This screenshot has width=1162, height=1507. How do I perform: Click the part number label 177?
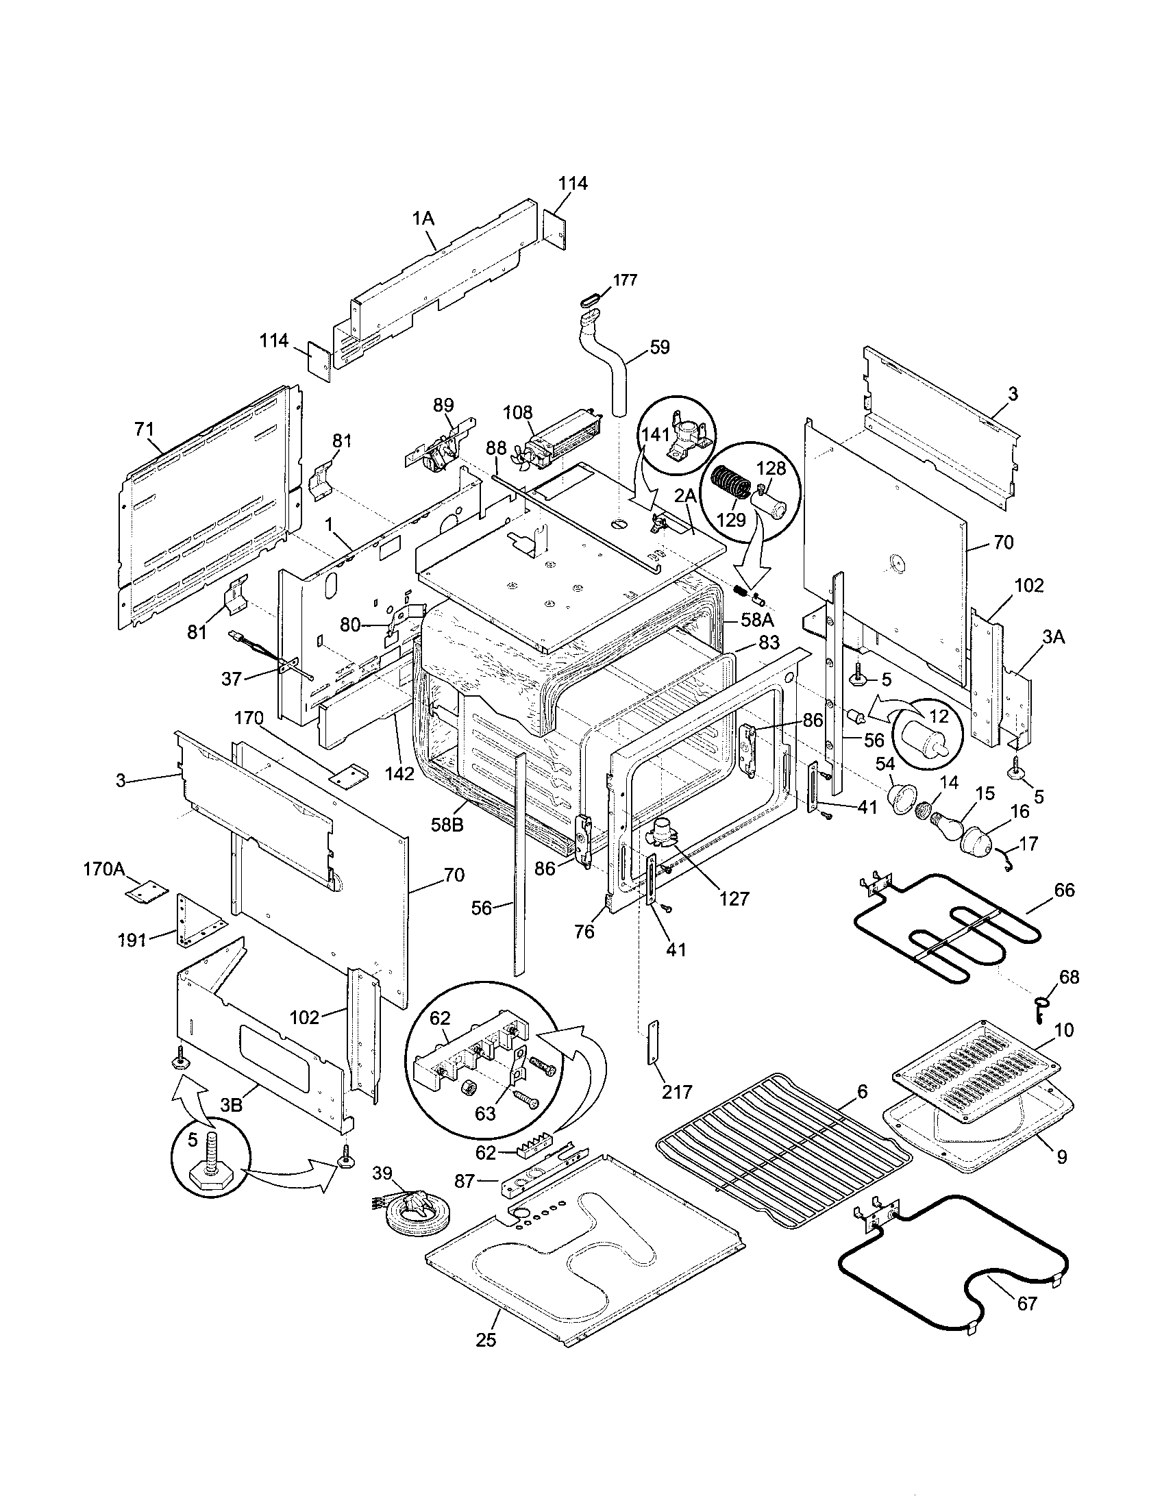coord(624,280)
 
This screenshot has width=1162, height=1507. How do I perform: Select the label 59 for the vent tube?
coord(659,347)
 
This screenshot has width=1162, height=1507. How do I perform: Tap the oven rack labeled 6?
coord(783,1149)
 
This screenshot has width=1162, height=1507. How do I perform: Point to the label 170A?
coord(103,868)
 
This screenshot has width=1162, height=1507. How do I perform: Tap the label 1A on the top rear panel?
coord(423,219)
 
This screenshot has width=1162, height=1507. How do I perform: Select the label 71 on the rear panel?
coord(143,429)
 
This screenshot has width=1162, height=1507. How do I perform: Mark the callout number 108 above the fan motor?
coord(517,412)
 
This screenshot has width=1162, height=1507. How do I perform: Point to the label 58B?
coord(447,825)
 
